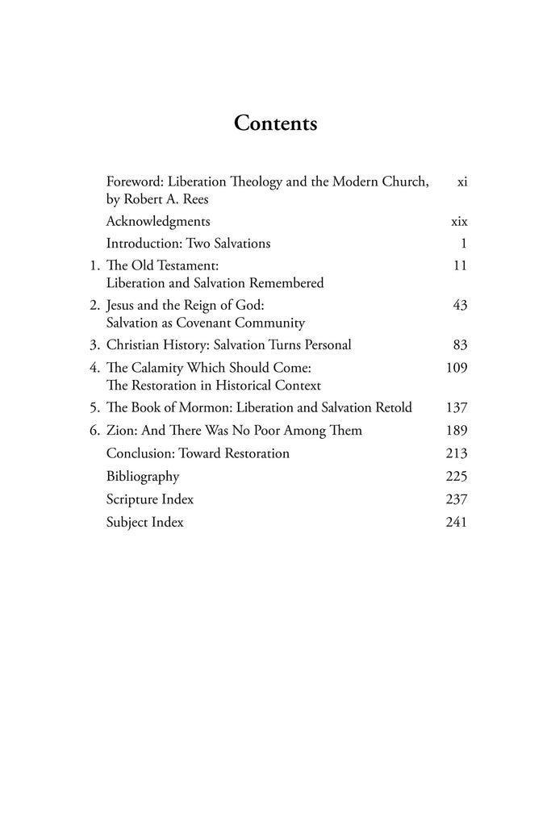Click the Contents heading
click(275, 123)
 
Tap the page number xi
click(462, 182)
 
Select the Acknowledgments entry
click(158, 221)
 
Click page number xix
click(460, 221)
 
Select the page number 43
click(461, 306)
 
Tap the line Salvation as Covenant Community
click(205, 323)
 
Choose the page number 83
click(461, 345)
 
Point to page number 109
click(457, 368)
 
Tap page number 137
click(457, 408)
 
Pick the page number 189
click(457, 431)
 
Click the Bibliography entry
click(143, 477)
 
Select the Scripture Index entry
click(150, 499)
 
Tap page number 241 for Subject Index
click(457, 522)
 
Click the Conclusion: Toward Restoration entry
click(198, 453)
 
